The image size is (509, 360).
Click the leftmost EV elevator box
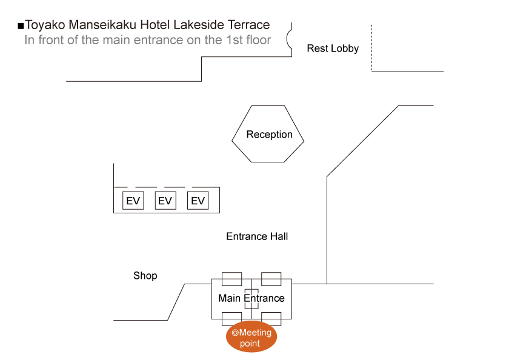(133, 201)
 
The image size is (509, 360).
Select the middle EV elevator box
(165, 201)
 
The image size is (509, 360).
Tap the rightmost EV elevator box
(198, 201)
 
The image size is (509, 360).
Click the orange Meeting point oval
(251, 337)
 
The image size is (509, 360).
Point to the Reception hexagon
(268, 135)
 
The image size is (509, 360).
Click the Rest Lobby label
(333, 48)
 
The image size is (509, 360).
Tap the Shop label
(145, 276)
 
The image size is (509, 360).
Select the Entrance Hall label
(257, 236)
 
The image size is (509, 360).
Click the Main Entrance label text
(251, 298)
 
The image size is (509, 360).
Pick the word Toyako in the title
(45, 25)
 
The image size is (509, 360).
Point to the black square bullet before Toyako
(21, 26)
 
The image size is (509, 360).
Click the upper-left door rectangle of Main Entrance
(232, 279)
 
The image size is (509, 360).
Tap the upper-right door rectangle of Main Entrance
(271, 279)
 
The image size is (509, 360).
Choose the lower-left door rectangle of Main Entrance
(232, 319)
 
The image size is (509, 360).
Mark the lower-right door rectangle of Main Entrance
(271, 319)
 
